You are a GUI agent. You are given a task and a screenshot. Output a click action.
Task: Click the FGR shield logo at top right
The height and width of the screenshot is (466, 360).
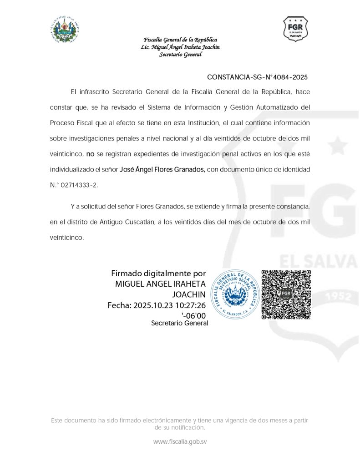(x=295, y=29)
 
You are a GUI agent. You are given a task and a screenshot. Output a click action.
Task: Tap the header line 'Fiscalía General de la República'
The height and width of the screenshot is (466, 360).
(x=180, y=40)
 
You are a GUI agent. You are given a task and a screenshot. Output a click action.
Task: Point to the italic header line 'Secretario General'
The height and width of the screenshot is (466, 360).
(x=180, y=55)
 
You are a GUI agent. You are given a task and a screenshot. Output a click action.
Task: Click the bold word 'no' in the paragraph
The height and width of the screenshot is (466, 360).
(x=90, y=154)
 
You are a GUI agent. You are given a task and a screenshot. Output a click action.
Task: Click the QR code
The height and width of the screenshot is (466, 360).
(x=286, y=294)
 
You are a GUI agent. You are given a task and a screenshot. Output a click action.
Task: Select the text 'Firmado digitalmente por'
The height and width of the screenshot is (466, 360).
(x=158, y=274)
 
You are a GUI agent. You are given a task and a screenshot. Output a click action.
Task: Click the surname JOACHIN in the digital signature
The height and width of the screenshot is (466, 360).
(x=192, y=294)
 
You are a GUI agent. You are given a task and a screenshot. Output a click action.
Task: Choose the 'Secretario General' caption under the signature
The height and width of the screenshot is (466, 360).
(x=179, y=323)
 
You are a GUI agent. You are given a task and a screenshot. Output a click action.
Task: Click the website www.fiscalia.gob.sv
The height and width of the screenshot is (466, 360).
(x=180, y=441)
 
